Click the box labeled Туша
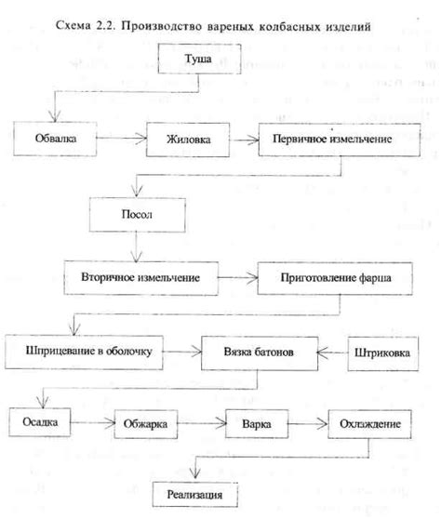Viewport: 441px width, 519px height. pyautogui.click(x=199, y=59)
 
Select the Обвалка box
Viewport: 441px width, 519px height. pyautogui.click(x=55, y=139)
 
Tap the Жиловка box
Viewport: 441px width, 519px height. pyautogui.click(x=188, y=140)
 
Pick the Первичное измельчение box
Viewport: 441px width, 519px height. pyautogui.click(x=340, y=140)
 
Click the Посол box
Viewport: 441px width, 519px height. pyautogui.click(x=137, y=215)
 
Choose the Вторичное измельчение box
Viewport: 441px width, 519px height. pyautogui.click(x=141, y=278)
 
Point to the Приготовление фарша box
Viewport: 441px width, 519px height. pyautogui.click(x=335, y=278)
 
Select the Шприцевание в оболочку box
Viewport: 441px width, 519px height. pyautogui.click(x=84, y=352)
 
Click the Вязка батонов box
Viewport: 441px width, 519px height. pyautogui.click(x=260, y=353)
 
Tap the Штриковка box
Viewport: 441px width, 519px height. pyautogui.click(x=382, y=353)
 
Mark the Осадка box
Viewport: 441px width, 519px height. pyautogui.click(x=40, y=422)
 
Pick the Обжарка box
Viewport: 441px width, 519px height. pyautogui.click(x=146, y=424)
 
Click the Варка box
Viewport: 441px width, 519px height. pyautogui.click(x=257, y=424)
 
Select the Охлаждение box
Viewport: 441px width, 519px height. pyautogui.click(x=369, y=424)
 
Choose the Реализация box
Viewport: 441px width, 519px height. pyautogui.click(x=195, y=495)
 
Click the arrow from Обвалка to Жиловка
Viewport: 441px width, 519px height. pyautogui.click(x=122, y=138)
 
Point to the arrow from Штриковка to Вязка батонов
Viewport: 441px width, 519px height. pyautogui.click(x=332, y=353)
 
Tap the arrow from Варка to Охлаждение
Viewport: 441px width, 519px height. pyautogui.click(x=308, y=424)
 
